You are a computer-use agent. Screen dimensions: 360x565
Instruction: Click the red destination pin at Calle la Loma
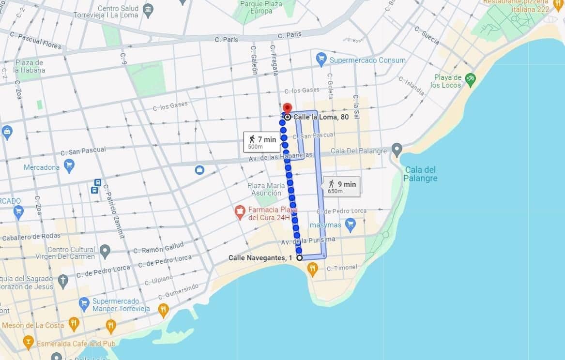point(287,108)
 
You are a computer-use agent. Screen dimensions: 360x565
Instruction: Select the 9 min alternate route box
point(342,186)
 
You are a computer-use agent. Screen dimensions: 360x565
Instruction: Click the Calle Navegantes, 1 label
point(260,258)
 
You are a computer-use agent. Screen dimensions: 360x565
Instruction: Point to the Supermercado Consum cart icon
point(321,60)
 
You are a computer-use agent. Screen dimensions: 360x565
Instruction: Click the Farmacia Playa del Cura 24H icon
point(239,212)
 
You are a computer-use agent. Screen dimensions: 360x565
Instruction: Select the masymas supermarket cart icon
point(351,225)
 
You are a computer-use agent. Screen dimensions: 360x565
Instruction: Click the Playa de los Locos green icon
point(470,78)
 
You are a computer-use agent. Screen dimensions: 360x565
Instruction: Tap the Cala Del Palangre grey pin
point(397,150)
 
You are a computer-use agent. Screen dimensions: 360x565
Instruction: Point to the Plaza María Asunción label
point(264,189)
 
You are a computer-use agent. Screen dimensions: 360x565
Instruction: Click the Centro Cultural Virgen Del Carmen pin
point(105,251)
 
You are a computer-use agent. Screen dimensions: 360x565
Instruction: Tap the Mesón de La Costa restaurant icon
point(74,324)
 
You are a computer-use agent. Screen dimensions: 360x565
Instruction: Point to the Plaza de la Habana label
point(30,66)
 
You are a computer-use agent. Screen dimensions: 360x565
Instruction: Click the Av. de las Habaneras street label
point(281,157)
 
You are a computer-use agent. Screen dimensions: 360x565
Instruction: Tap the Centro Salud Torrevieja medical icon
point(149,9)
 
